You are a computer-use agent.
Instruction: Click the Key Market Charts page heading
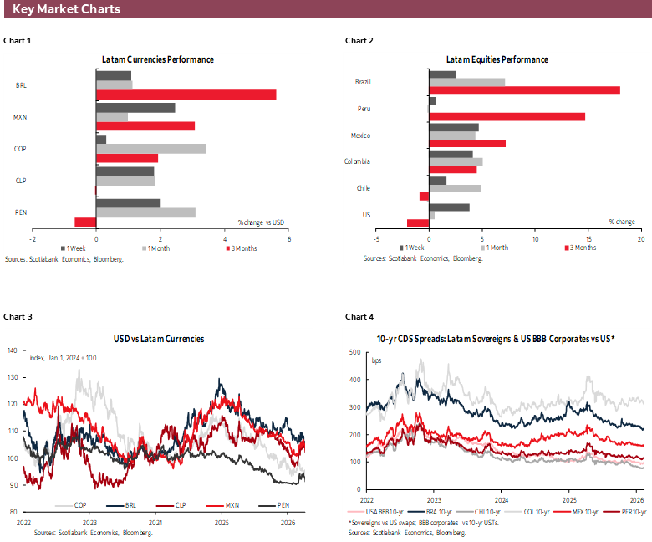(66, 9)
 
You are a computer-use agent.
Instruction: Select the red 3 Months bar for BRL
(186, 95)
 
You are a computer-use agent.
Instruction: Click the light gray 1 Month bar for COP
(150, 148)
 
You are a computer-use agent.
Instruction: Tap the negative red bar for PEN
(85, 222)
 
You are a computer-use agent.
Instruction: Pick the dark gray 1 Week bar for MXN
(135, 107)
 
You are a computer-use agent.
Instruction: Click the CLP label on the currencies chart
(21, 180)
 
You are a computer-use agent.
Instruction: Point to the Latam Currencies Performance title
(157, 59)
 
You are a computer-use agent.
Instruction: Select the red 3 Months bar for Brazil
(523, 89)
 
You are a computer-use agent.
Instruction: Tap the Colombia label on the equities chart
(358, 161)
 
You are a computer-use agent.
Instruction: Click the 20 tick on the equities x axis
(641, 238)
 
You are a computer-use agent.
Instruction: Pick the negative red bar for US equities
(417, 222)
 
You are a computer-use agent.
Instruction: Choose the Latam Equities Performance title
(497, 59)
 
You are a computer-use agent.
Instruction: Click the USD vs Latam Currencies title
(158, 339)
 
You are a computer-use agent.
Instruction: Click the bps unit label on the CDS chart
(376, 360)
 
